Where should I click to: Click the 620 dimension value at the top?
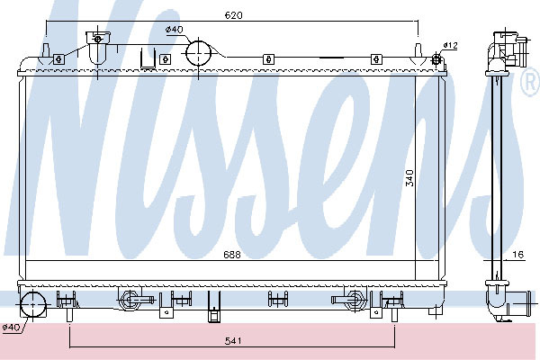(x=233, y=15)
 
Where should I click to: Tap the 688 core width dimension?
(x=232, y=255)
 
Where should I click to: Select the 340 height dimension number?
(x=409, y=178)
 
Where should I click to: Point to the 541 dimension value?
(x=233, y=341)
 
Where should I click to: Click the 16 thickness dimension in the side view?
(x=518, y=254)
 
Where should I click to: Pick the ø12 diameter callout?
(x=451, y=45)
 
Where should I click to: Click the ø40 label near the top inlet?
(x=175, y=30)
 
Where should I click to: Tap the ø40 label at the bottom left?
(x=11, y=327)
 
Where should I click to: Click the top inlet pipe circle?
(x=198, y=53)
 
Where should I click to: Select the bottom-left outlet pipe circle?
(x=33, y=304)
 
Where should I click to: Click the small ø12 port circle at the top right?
(x=436, y=59)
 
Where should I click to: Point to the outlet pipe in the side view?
(x=514, y=301)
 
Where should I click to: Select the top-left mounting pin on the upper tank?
(x=46, y=50)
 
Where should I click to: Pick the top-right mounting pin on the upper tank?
(x=418, y=50)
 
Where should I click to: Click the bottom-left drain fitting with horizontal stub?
(x=136, y=300)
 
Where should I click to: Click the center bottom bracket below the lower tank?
(x=213, y=306)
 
